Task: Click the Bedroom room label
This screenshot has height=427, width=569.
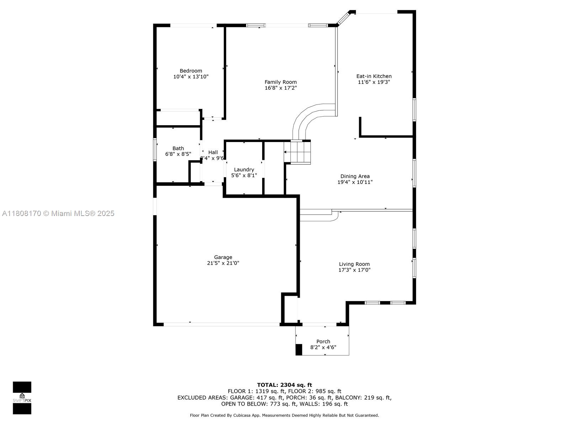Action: click(191, 71)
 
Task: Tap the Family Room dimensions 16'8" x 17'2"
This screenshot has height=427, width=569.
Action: click(281, 88)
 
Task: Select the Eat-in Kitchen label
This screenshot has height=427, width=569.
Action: click(374, 76)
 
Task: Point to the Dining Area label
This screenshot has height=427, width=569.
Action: click(355, 176)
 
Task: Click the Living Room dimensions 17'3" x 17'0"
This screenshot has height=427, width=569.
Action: click(354, 270)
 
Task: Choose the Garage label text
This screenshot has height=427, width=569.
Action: click(223, 257)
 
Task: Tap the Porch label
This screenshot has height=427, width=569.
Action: click(323, 342)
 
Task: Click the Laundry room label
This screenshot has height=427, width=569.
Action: click(244, 170)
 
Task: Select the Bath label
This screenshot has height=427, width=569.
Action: click(178, 148)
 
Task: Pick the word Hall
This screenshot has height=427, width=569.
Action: click(213, 152)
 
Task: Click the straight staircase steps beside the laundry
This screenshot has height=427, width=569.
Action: click(297, 152)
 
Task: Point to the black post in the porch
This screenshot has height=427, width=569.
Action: click(299, 349)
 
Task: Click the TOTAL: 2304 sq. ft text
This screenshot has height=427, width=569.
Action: click(284, 385)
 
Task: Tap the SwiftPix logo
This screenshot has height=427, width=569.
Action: click(22, 398)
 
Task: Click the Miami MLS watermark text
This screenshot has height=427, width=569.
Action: click(58, 213)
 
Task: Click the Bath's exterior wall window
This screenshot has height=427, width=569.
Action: click(155, 150)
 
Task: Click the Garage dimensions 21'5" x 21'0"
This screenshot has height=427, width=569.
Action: click(223, 263)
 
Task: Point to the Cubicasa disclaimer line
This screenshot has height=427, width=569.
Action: click(284, 415)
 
